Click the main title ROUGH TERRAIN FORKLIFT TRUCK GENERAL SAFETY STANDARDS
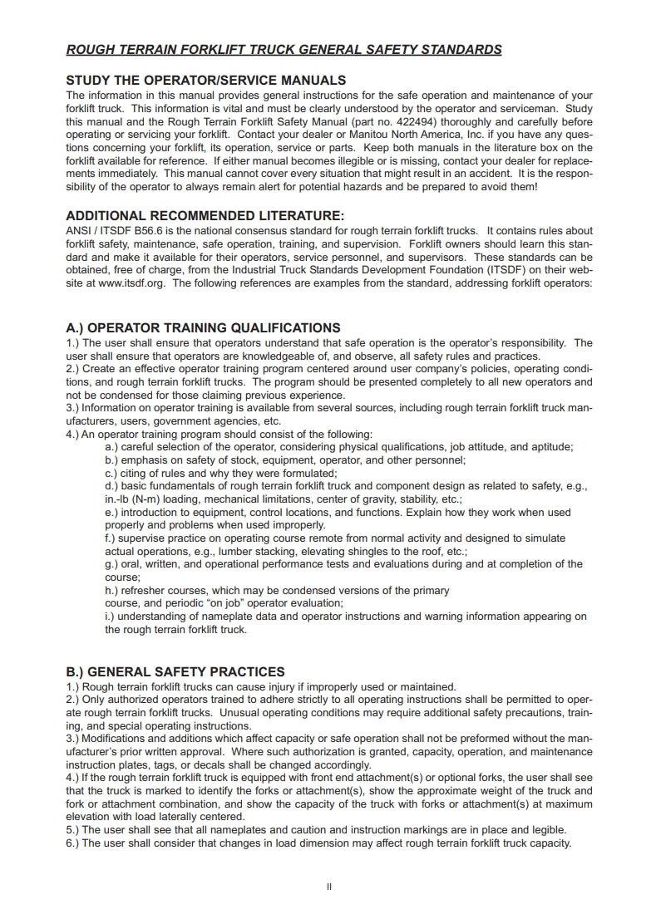coord(284,50)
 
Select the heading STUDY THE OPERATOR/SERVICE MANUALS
coord(205,81)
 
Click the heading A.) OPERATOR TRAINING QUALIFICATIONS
coord(203,328)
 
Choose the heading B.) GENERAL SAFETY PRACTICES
coord(175,671)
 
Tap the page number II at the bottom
coord(329,887)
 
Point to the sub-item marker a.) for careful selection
coord(111,446)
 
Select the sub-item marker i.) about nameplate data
coord(111,617)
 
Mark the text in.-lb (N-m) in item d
coord(138,499)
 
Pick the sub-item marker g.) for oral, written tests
coord(112,564)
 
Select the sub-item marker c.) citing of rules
coord(111,473)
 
